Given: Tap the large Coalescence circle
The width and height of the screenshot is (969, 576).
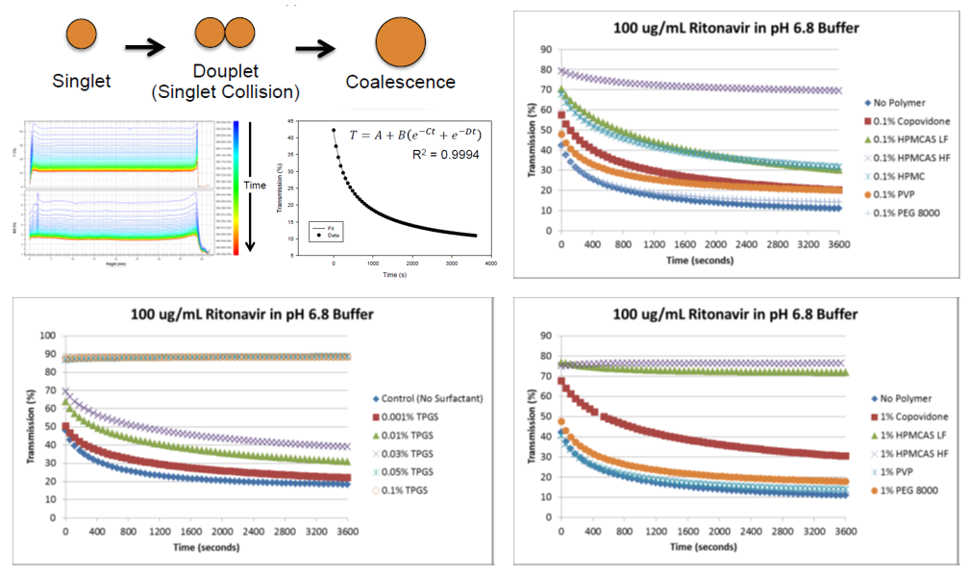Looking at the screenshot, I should (401, 43).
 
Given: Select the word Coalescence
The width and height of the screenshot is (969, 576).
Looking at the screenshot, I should (401, 82).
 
